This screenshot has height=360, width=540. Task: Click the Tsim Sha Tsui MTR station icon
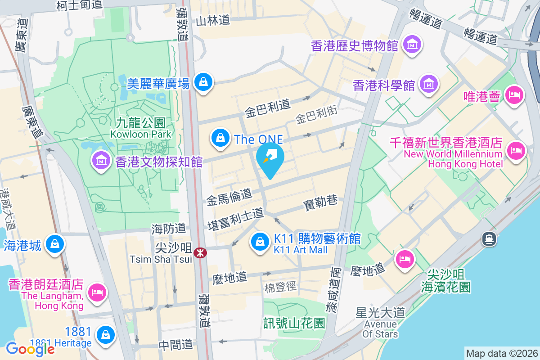[x=200, y=253]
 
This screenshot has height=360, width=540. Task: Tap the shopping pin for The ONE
[x=220, y=138]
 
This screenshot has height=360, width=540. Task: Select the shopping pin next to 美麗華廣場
[x=203, y=82]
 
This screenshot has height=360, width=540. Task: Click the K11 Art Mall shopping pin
[x=260, y=242]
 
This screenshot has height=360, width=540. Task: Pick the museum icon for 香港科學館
[x=428, y=83]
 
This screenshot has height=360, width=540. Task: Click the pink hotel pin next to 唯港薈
[x=514, y=95]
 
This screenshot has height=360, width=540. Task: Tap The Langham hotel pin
[x=97, y=292]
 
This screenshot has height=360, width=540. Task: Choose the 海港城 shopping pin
[x=55, y=244]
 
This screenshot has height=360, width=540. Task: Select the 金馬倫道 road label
[x=229, y=197]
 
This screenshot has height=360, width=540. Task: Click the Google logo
[x=30, y=349]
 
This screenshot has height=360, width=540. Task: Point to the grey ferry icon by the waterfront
[x=489, y=238]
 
